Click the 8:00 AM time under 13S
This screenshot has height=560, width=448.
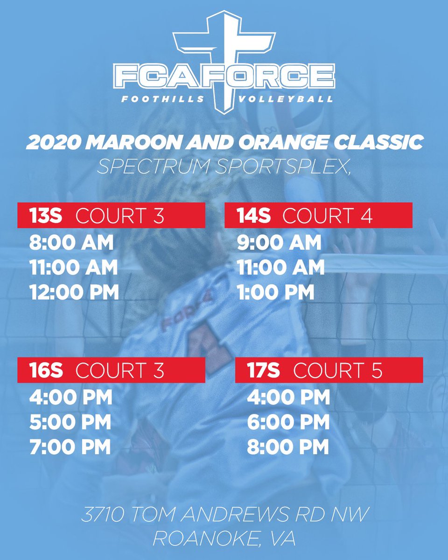[x=71, y=243]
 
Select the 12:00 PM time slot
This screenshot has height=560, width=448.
[x=74, y=292]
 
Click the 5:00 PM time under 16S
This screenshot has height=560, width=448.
[x=70, y=422]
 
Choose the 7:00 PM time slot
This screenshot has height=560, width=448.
[x=70, y=447]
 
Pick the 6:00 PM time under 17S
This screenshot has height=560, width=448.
[x=288, y=422]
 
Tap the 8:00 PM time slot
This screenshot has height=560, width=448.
[x=288, y=447]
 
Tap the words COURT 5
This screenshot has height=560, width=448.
[x=338, y=371]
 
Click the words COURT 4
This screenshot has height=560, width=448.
[x=328, y=216]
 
